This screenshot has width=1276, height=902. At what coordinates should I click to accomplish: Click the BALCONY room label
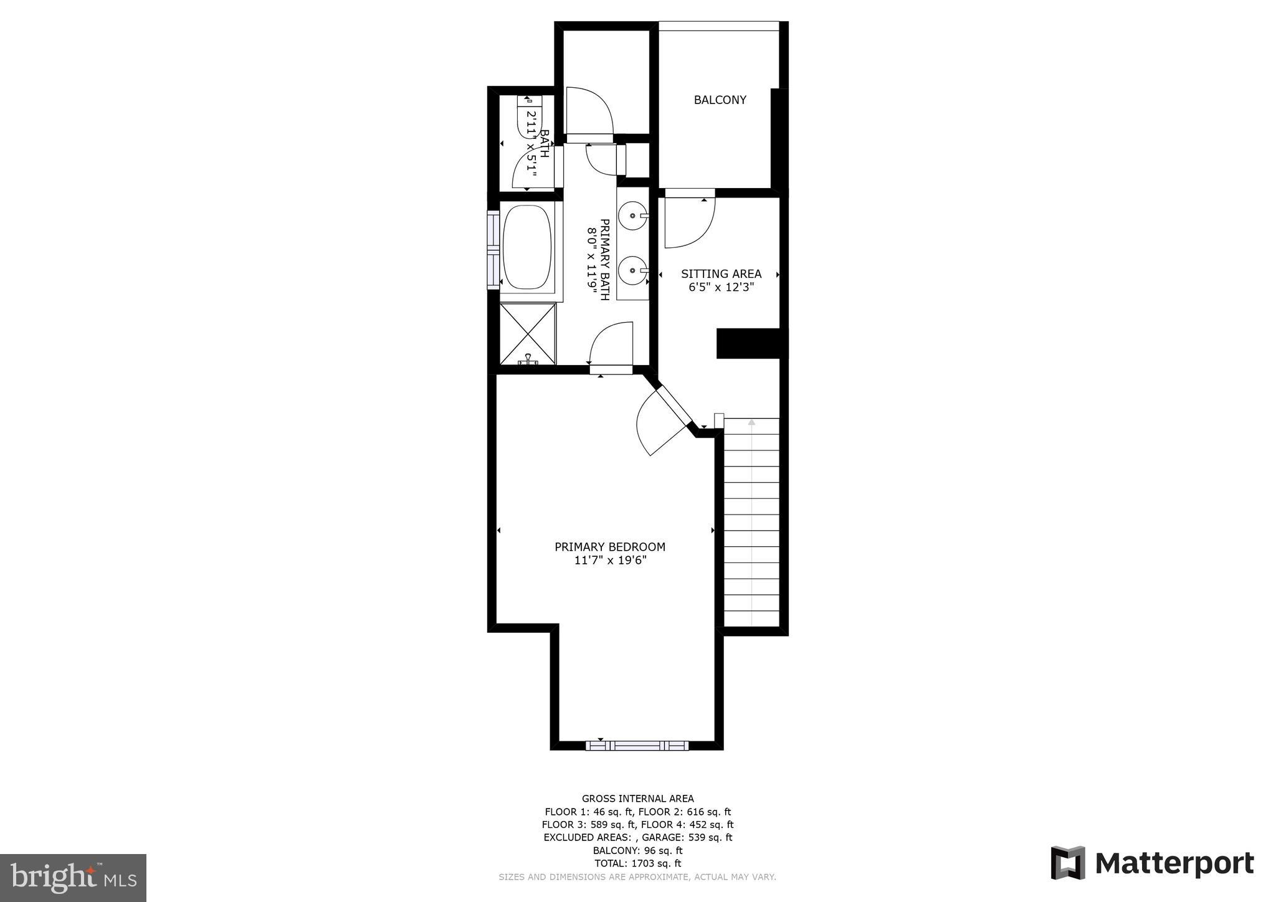[720, 100]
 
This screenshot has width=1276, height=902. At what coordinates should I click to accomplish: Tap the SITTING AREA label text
[721, 273]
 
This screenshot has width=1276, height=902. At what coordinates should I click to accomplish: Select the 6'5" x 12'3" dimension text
[721, 287]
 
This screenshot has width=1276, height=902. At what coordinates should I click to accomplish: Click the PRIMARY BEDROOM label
[609, 547]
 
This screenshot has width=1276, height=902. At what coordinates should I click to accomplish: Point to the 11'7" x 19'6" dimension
[610, 561]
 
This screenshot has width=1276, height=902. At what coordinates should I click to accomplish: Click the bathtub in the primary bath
[527, 247]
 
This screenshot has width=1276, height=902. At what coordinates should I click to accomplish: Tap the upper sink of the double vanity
[633, 216]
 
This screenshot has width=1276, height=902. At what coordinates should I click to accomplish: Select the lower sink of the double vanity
[633, 270]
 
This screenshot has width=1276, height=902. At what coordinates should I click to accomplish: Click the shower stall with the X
[528, 333]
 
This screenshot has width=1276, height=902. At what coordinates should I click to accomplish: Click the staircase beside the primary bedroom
[751, 522]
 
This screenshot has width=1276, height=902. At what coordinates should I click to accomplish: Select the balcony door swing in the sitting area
[689, 221]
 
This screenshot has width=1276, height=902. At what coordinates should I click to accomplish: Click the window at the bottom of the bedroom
[637, 745]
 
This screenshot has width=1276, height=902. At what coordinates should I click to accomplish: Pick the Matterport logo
[1152, 863]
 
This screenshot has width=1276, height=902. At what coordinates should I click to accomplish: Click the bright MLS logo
[73, 878]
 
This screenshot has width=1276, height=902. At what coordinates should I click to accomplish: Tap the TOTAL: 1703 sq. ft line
[637, 863]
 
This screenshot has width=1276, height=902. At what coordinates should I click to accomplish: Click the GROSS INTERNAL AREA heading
[637, 799]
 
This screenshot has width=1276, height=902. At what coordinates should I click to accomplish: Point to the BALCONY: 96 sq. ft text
[637, 850]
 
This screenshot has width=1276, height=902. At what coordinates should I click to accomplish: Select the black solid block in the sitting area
[748, 343]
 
